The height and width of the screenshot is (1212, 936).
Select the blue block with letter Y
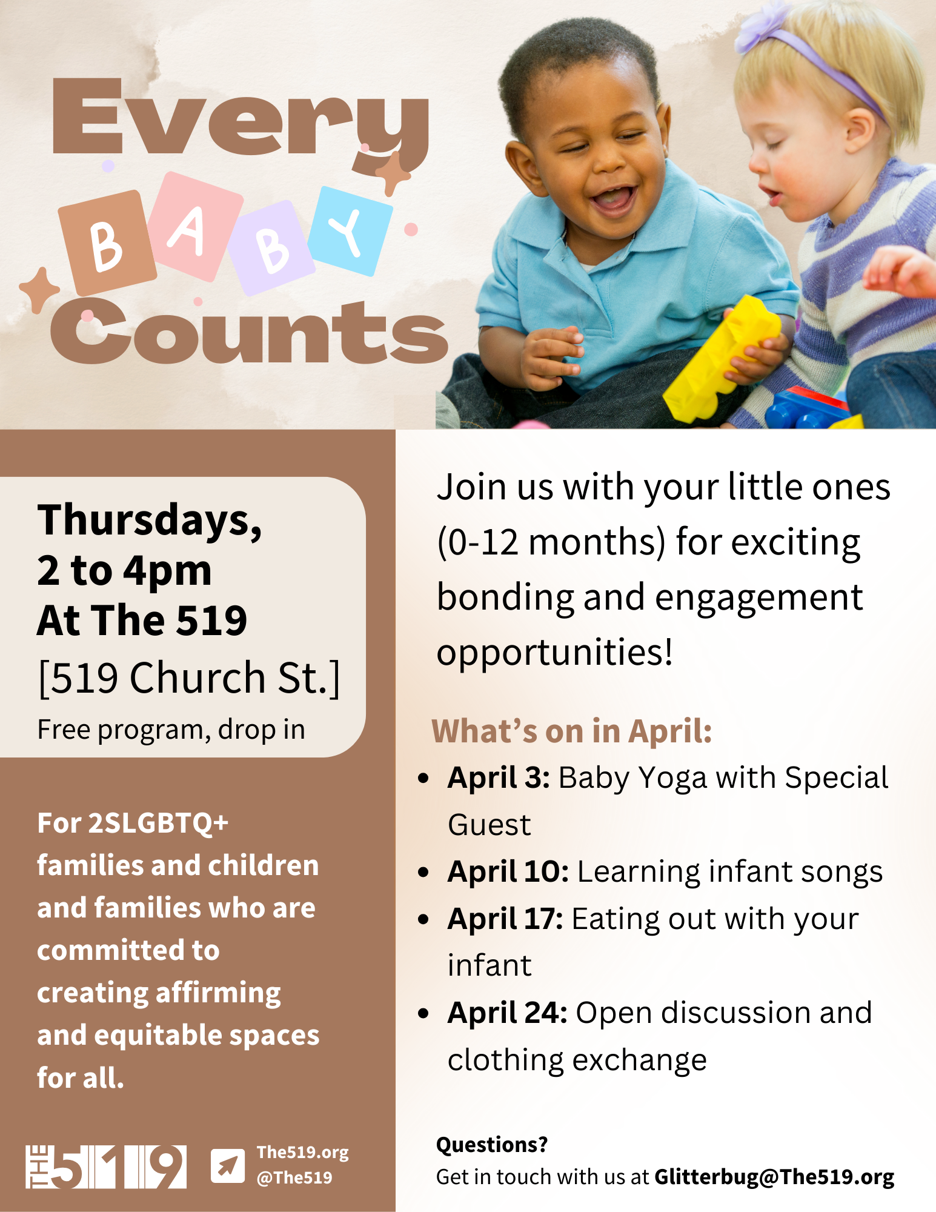350,231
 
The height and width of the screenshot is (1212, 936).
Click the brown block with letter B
107,242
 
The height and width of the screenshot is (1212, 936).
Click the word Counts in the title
249,332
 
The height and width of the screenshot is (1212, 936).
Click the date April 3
498,778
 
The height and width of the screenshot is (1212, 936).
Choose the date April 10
508,872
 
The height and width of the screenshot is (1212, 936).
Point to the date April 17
505,919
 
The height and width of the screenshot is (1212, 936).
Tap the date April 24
507,1013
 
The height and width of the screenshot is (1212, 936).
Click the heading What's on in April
571,731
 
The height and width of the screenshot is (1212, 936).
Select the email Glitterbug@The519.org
774,1177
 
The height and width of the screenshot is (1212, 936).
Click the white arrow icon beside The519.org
228,1165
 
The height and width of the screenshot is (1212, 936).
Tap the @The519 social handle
294,1177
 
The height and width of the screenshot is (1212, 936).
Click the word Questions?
491,1145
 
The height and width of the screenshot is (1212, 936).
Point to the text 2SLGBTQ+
158,824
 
